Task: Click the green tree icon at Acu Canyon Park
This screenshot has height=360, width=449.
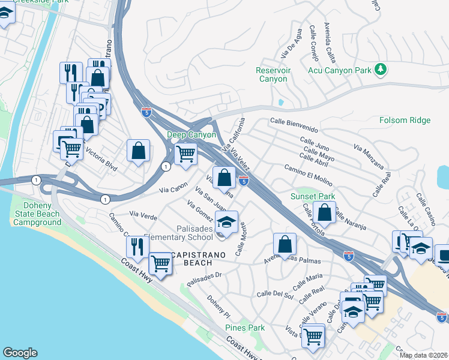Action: pyautogui.click(x=380, y=70)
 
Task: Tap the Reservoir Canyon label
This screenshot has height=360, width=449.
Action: pyautogui.click(x=273, y=74)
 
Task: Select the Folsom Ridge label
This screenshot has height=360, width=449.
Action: pyautogui.click(x=405, y=121)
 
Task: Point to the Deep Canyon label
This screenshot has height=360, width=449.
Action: pyautogui.click(x=191, y=135)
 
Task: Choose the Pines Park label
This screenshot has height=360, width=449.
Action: pyautogui.click(x=245, y=328)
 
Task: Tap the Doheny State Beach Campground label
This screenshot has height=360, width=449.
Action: pyautogui.click(x=36, y=214)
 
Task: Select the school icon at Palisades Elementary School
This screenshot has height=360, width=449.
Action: pyautogui.click(x=226, y=222)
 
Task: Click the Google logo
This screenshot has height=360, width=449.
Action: pyautogui.click(x=20, y=353)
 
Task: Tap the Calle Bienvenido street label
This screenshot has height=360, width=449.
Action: pyautogui.click(x=294, y=124)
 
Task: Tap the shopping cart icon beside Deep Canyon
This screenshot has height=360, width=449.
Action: pyautogui.click(x=185, y=154)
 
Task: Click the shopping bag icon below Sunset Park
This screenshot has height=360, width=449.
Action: pyautogui.click(x=324, y=212)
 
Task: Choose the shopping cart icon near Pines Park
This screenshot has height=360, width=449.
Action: pyautogui.click(x=313, y=337)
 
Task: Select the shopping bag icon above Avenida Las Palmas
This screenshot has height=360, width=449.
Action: pyautogui.click(x=285, y=244)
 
